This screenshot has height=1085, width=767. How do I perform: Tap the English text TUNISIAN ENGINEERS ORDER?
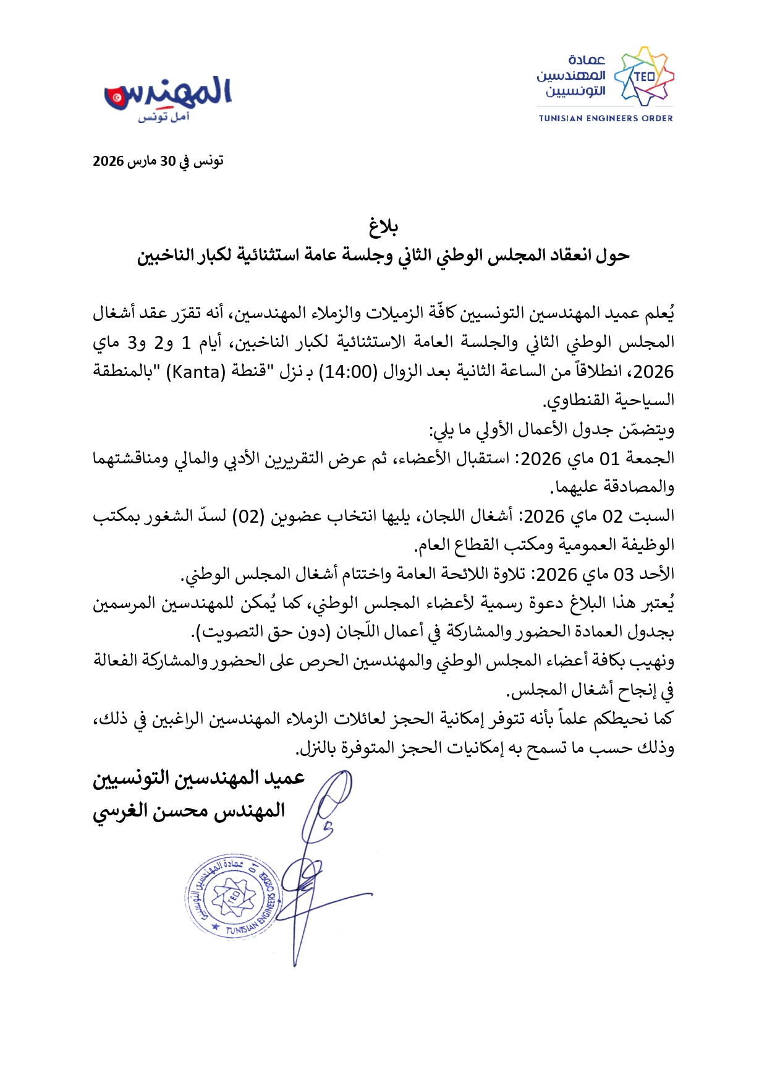click(x=605, y=118)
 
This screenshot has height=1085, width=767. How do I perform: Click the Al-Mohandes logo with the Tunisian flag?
click(x=168, y=95)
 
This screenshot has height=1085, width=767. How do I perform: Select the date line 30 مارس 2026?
click(x=158, y=161)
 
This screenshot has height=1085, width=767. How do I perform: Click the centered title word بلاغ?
click(x=383, y=226)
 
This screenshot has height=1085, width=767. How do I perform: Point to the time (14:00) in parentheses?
click(x=347, y=372)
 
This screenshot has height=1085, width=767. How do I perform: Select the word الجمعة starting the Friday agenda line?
click(x=650, y=458)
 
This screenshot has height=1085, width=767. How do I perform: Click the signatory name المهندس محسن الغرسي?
click(x=189, y=811)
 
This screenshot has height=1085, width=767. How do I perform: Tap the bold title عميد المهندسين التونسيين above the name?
click(x=199, y=778)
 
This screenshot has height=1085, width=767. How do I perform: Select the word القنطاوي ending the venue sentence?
click(x=575, y=401)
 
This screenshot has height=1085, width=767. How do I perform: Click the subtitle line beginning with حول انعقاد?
click(x=383, y=255)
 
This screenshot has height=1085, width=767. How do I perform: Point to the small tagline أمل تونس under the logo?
click(x=163, y=118)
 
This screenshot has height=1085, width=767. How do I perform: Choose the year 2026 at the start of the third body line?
click(x=653, y=372)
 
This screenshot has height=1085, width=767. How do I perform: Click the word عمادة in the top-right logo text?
click(x=587, y=60)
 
